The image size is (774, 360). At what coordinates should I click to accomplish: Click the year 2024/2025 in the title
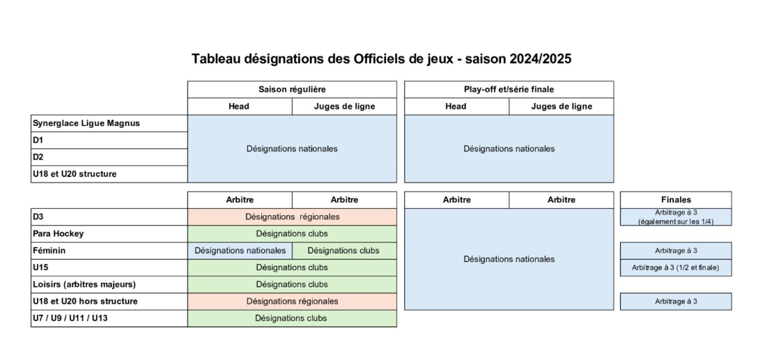point(540,59)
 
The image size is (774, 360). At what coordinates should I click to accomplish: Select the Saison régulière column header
point(292,89)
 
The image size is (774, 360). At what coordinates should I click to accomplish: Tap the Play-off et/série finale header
point(509,89)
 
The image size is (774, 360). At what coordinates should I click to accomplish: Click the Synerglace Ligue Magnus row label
point(86,123)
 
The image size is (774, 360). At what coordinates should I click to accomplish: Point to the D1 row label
point(38,140)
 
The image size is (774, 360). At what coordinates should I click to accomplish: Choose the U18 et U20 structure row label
point(75,174)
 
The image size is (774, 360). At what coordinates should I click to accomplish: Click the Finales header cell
point(676,200)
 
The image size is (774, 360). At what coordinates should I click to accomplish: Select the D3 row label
point(38,217)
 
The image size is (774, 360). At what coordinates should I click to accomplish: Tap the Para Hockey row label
point(59,233)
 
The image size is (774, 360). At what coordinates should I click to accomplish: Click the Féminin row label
point(49,251)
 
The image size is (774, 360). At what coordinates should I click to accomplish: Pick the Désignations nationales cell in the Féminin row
point(240,251)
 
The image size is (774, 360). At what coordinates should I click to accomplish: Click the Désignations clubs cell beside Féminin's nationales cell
point(343,251)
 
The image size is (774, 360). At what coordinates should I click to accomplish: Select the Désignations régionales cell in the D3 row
point(292,217)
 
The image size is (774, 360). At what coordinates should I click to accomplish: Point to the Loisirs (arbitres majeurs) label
point(84,284)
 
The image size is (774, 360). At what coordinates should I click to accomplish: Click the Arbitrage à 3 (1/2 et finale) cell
point(676,267)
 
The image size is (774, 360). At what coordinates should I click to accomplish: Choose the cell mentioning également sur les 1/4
point(676,217)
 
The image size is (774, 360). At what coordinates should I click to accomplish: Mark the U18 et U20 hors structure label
point(85,302)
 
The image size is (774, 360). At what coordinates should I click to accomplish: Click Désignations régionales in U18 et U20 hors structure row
point(292,302)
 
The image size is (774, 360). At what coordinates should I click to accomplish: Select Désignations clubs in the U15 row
point(292,267)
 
